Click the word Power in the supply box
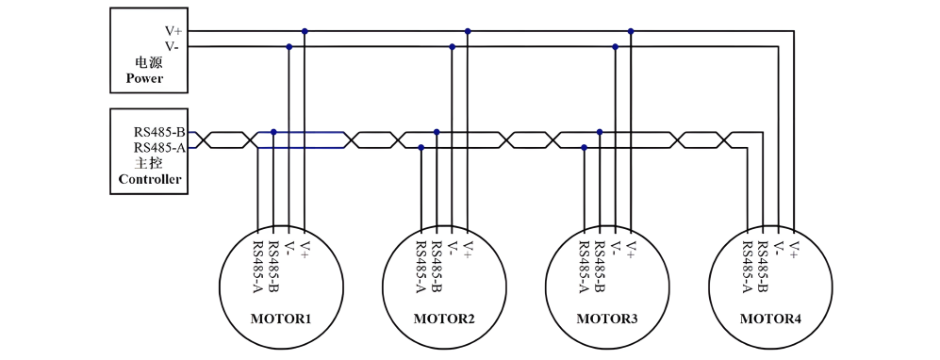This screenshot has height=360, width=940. coord(144,78)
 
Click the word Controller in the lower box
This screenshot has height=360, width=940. coord(150,179)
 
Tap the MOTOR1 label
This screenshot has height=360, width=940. coord(281,319)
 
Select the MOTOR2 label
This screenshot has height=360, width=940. coord(444,319)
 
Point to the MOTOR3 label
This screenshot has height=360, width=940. coord(607,319)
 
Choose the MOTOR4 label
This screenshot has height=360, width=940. coord(770,319)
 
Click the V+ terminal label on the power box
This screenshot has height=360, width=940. coord(173,31)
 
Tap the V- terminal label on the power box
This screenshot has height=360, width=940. coord(173,46)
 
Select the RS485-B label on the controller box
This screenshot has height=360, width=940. coord(158,132)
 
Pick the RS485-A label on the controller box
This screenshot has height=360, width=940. coord(158,147)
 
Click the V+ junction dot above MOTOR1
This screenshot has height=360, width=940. coord(305,30)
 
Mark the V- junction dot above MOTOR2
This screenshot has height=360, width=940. coord(452,46)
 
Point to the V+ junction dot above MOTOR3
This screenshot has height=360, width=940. coord(631,30)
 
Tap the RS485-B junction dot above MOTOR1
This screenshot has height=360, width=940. coord(273,132)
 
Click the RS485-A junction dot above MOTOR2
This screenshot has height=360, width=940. coord(421,147)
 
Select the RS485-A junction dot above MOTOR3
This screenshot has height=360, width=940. coord(585,147)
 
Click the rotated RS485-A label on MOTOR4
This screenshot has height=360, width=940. coord(748,267)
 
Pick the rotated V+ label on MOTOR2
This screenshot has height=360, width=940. coord(469,249)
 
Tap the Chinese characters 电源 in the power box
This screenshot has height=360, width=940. coord(149,62)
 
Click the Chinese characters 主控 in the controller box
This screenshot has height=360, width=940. coord(149,163)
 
